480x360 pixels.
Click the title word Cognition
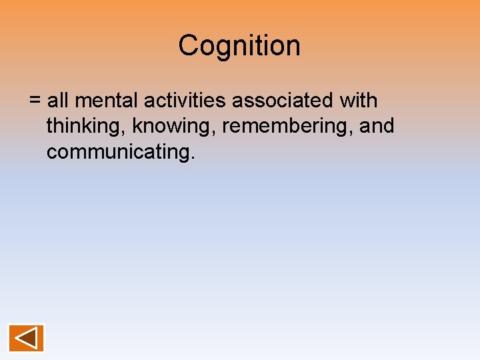coord(239,46)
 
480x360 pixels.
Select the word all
coord(58,101)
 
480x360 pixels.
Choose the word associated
coord(282,101)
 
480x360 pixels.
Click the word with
coord(358,101)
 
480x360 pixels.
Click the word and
coord(377,125)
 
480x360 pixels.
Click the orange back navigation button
coord(27,338)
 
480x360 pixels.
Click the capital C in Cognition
coord(187,46)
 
